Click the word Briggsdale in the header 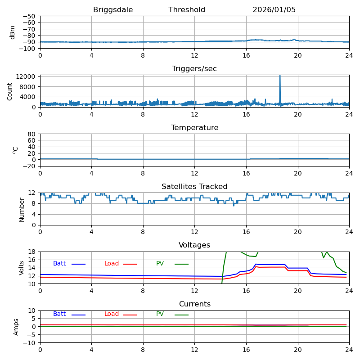[x=111, y=10]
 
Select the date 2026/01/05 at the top [x=274, y=10]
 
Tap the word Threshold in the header [x=187, y=10]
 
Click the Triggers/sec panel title [x=194, y=69]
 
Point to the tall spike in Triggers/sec [x=280, y=81]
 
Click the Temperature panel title [x=194, y=128]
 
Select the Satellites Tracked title [x=194, y=187]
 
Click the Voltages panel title [x=194, y=245]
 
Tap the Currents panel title [x=194, y=304]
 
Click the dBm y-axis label [x=13, y=32]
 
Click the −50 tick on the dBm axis [x=29, y=16]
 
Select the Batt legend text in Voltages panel [x=59, y=264]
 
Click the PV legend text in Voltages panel [x=161, y=264]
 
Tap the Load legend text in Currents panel [x=112, y=314]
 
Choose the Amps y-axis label [x=17, y=327]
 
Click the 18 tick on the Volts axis [x=32, y=252]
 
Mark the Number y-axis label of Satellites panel [x=22, y=209]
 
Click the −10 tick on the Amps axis [x=29, y=343]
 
